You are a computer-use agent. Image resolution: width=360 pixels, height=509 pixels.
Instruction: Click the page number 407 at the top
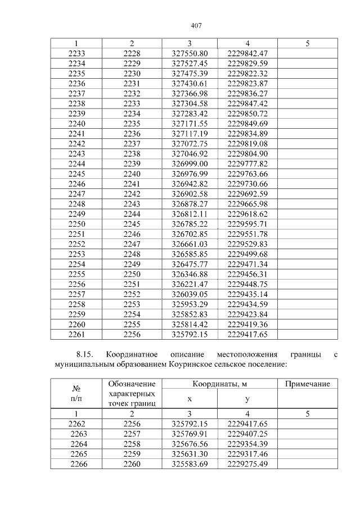point(196,26)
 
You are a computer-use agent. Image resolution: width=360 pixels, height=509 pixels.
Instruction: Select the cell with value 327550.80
point(190,53)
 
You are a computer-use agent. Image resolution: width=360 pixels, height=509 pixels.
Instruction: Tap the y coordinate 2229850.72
point(247,114)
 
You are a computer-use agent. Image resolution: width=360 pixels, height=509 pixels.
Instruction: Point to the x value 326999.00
point(190,163)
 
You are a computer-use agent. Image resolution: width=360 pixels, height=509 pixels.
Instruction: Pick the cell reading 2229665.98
point(247,203)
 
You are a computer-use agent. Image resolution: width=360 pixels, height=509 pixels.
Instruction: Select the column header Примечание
point(307,384)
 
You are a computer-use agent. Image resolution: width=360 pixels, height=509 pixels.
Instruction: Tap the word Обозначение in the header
point(132,384)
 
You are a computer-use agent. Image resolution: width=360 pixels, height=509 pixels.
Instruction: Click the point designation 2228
point(132,53)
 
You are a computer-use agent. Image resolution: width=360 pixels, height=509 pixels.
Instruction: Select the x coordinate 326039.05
point(190,294)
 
